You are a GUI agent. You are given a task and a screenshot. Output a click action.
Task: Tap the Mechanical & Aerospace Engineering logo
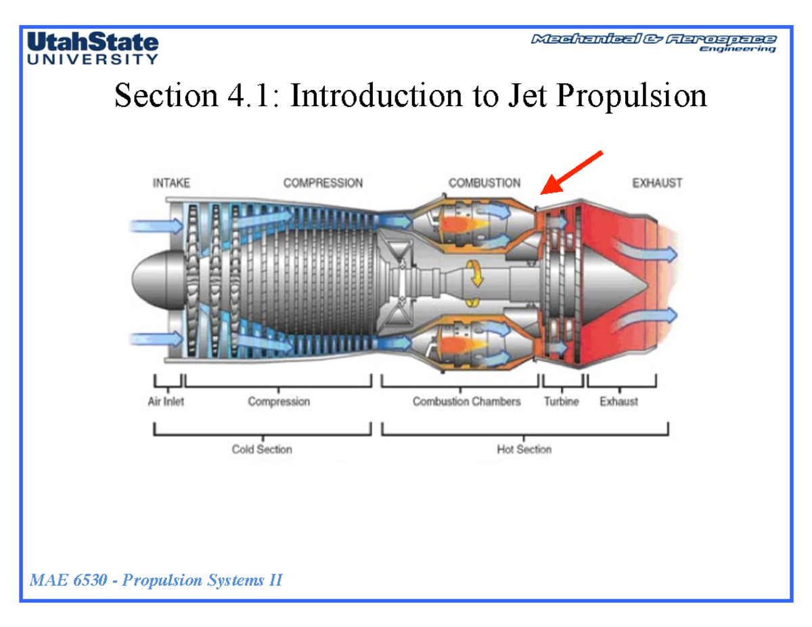pyautogui.click(x=654, y=43)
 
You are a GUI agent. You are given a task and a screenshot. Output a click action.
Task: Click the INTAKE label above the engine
pyautogui.click(x=171, y=183)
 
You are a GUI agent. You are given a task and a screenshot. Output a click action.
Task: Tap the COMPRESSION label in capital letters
pyautogui.click(x=323, y=183)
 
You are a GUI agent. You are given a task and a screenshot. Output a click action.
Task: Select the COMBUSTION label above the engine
pyautogui.click(x=484, y=183)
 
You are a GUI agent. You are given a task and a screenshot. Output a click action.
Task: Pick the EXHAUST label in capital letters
pyautogui.click(x=656, y=183)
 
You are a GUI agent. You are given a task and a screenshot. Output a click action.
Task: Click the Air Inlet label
pyautogui.click(x=166, y=402)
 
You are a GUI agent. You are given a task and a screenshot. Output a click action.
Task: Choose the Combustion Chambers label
pyautogui.click(x=467, y=402)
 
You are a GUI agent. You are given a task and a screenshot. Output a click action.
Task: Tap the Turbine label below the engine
pyautogui.click(x=562, y=402)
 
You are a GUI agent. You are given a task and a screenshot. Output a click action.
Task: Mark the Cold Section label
pyautogui.click(x=262, y=449)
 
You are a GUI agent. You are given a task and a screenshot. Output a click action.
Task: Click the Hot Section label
pyautogui.click(x=524, y=449)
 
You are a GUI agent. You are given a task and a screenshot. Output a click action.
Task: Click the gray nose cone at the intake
pyautogui.click(x=154, y=277)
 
